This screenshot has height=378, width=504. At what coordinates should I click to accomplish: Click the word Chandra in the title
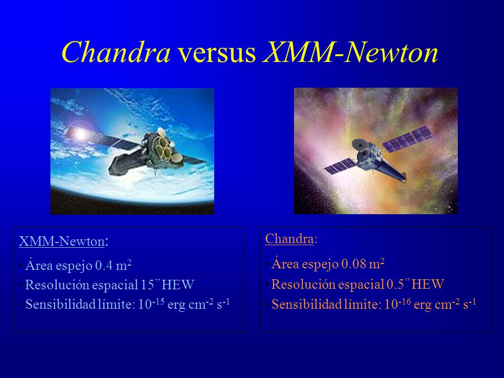(x=116, y=52)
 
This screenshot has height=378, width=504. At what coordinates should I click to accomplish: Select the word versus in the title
(x=217, y=53)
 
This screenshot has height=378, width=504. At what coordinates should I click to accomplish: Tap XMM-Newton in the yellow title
(x=351, y=52)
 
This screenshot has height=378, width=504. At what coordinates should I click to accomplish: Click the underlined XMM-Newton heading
(x=62, y=241)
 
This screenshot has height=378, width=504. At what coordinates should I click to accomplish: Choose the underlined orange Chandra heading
(x=289, y=239)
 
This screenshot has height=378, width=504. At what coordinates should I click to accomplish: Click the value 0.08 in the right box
(x=354, y=264)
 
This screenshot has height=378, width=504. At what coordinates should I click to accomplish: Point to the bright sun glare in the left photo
(x=79, y=134)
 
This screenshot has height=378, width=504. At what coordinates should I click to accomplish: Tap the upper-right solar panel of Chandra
(x=406, y=139)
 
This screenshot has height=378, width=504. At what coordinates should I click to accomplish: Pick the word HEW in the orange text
(x=428, y=284)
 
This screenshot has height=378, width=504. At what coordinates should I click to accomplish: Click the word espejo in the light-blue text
(x=74, y=266)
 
